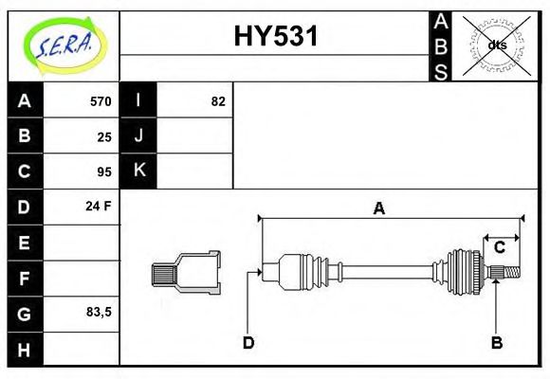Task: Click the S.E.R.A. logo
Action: click(x=63, y=45)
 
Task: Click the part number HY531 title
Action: click(x=276, y=37)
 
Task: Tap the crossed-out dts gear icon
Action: click(x=497, y=45)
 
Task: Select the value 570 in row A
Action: click(x=101, y=101)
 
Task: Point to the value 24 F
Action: click(x=99, y=206)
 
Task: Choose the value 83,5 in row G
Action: click(x=99, y=311)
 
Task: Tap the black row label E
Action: click(x=25, y=243)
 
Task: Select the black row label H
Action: click(x=25, y=349)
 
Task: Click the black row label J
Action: click(x=138, y=135)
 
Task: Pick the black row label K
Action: click(x=138, y=171)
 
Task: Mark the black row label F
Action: click(x=25, y=279)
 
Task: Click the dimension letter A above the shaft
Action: click(x=379, y=208)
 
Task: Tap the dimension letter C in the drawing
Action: click(x=499, y=248)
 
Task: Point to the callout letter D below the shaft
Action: click(x=247, y=343)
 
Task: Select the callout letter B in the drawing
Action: click(x=496, y=343)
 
